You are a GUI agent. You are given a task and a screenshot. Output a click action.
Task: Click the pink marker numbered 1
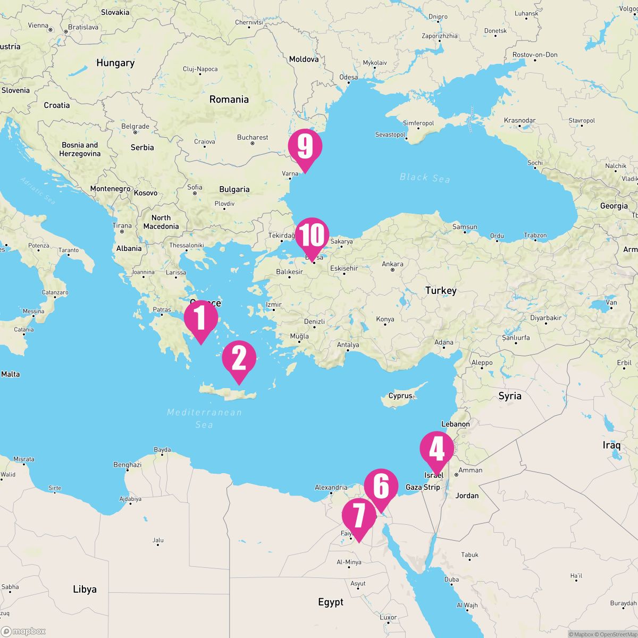point(201,317)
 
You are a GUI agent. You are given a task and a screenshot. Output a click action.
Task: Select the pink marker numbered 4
point(437,449)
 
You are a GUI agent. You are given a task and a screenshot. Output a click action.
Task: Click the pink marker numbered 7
point(358,516)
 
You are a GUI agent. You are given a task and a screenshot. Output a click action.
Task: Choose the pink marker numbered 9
point(305,147)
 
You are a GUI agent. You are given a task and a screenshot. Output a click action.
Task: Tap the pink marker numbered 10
point(313,236)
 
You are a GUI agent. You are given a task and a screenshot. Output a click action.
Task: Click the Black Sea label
point(425,178)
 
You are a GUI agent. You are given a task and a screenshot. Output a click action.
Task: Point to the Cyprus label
point(400,396)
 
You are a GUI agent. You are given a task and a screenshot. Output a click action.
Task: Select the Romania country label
point(229,99)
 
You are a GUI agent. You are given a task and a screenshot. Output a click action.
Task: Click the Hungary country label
point(115,63)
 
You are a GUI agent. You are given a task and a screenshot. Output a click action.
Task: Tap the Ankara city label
point(392,264)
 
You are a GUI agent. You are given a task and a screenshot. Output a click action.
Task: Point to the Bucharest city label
point(253,137)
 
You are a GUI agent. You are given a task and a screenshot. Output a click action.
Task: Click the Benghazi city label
point(128,465)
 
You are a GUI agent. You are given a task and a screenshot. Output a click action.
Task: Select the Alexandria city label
point(331,487)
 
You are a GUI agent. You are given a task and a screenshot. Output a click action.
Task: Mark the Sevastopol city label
point(390,135)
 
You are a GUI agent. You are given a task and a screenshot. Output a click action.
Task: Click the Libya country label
point(85,589)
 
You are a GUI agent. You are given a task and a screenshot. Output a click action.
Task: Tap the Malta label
point(10,374)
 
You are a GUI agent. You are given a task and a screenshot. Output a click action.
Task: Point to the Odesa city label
point(349,77)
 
